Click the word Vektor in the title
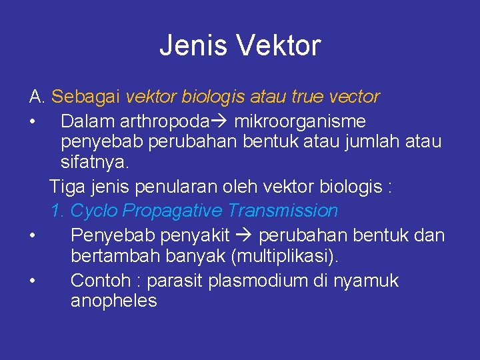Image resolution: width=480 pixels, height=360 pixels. tap(280, 46)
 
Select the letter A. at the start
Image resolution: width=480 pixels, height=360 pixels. tap(37, 97)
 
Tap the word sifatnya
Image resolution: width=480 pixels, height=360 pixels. tap(95, 162)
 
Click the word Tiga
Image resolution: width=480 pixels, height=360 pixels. tap(67, 187)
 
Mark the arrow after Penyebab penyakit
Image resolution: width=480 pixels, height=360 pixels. tap(243, 235)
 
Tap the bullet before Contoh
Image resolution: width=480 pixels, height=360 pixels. tap(32, 281)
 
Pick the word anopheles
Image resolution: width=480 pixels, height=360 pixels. tap(113, 301)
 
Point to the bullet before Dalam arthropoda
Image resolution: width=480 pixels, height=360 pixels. tap(32, 122)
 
